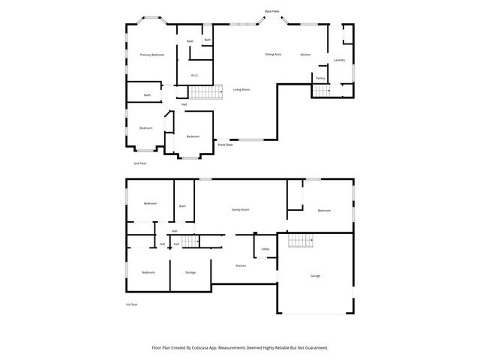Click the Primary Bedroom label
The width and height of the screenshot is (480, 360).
click(151, 55)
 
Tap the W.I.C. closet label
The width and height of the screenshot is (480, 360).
click(193, 75)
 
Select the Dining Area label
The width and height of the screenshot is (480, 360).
click(273, 55)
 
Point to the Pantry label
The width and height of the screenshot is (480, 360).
click(320, 78)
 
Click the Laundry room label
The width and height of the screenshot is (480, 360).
click(339, 60)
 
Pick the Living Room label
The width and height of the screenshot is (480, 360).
click(241, 90)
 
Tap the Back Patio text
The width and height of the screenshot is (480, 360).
click(271, 11)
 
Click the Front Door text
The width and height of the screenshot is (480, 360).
click(225, 144)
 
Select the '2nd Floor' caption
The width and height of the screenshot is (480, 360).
click(140, 163)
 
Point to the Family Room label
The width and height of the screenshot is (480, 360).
click(240, 211)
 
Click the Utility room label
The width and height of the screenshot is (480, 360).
click(265, 248)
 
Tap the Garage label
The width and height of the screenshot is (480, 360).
click(315, 276)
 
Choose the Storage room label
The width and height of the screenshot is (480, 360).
click(190, 272)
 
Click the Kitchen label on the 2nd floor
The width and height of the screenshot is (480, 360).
click(305, 55)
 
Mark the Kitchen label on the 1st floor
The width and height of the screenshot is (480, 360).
click(241, 266)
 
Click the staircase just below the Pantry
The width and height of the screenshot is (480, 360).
click(320, 91)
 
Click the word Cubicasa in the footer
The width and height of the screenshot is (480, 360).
click(211, 348)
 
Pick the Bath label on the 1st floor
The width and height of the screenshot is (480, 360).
click(182, 206)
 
